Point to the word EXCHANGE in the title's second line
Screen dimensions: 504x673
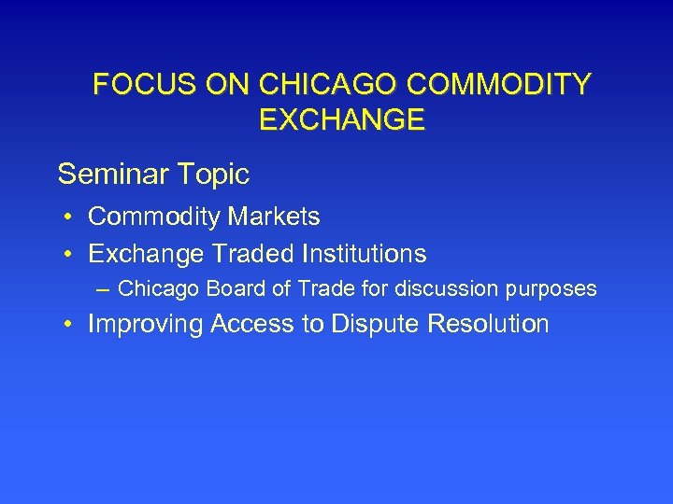coord(340,120)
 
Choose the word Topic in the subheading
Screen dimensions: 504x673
coord(214,174)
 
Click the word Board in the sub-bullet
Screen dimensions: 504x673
coord(234,289)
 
